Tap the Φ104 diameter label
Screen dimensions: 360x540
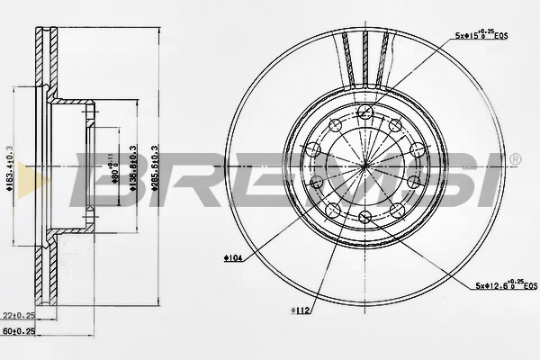coord(232,258)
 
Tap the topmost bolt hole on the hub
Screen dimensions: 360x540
coord(364,112)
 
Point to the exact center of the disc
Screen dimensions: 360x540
coord(364,166)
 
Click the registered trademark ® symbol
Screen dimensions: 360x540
coord(515,160)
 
